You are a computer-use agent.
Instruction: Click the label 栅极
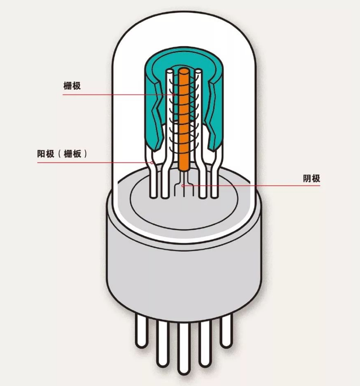pos(72,86)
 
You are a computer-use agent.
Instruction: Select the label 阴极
pos(312,178)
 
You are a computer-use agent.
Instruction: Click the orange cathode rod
pos(184,118)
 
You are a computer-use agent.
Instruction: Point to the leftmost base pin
pos(141,332)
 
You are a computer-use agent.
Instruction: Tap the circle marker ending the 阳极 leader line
pos(152,162)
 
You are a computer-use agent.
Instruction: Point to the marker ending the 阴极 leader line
pos(183,186)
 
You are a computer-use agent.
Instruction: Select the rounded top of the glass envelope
pos(184,31)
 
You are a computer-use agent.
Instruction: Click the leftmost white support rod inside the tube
pos(153,179)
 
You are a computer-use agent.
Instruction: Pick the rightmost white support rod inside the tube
pos(215,179)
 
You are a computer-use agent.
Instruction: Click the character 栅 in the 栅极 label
pos(67,86)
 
